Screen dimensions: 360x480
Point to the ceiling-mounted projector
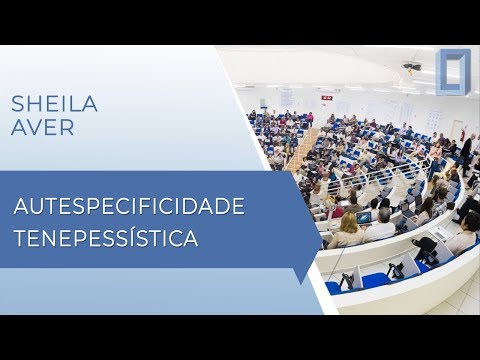412,68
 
